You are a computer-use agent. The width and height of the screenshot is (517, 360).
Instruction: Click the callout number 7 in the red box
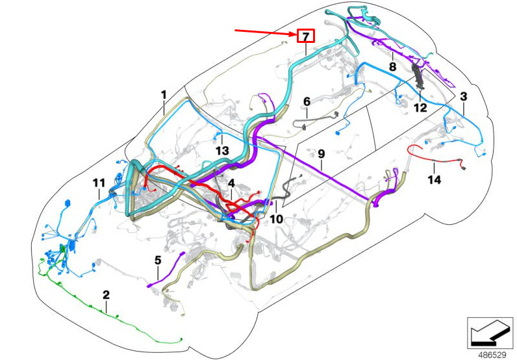pyautogui.click(x=305, y=36)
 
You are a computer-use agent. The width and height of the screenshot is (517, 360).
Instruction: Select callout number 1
pyautogui.click(x=164, y=95)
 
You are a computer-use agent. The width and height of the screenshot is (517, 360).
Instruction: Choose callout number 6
pyautogui.click(x=307, y=102)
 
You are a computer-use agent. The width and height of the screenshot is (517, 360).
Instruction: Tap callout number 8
pyautogui.click(x=393, y=66)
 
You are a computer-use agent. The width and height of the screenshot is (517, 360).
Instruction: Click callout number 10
pyautogui.click(x=277, y=219)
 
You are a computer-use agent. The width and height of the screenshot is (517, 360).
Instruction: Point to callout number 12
pyautogui.click(x=421, y=107)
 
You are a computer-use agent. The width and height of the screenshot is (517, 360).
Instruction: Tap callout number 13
pyautogui.click(x=222, y=151)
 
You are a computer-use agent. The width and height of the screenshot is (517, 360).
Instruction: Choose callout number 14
pyautogui.click(x=434, y=179)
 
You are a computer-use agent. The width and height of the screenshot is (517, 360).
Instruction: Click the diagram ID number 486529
pyautogui.click(x=492, y=355)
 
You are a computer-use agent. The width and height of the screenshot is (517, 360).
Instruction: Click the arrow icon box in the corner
pyautogui.click(x=492, y=333)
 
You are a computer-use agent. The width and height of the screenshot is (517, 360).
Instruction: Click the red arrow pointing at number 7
pyautogui.click(x=263, y=32)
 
